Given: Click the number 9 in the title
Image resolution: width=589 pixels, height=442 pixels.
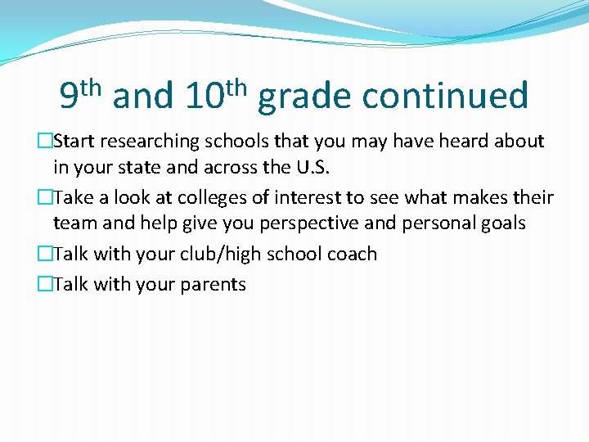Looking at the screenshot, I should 70,97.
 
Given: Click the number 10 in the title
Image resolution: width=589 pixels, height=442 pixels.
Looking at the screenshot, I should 205,97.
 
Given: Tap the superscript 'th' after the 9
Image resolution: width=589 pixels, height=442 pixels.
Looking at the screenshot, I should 92,86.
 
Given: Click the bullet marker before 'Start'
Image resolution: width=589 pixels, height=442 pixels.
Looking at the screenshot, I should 44,142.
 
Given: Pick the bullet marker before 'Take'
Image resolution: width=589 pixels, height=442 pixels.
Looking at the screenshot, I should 44,198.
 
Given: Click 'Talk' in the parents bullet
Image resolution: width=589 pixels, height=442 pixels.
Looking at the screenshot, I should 72,284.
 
